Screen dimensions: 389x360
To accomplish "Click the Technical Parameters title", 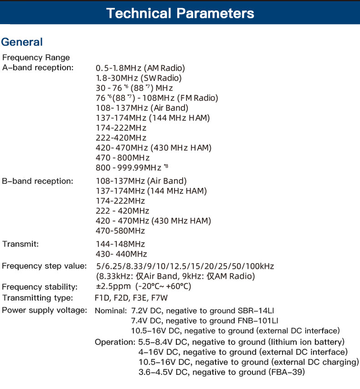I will (x=180, y=13).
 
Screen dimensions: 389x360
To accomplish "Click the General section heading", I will (x=22, y=42).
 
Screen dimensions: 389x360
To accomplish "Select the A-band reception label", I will (x=38, y=67).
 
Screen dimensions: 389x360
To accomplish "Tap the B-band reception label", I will (x=37, y=181).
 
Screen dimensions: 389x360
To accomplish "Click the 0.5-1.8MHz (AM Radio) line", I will (x=140, y=68).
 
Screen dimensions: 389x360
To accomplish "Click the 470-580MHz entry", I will (x=120, y=231).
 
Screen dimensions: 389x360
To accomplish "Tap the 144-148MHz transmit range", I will (x=120, y=244).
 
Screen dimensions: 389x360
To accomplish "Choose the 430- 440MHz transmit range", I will (x=122, y=254).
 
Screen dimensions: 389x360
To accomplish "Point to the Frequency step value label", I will (x=44, y=266).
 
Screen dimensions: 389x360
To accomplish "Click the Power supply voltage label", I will (x=44, y=310).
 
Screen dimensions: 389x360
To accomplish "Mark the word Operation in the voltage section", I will (x=114, y=342).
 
